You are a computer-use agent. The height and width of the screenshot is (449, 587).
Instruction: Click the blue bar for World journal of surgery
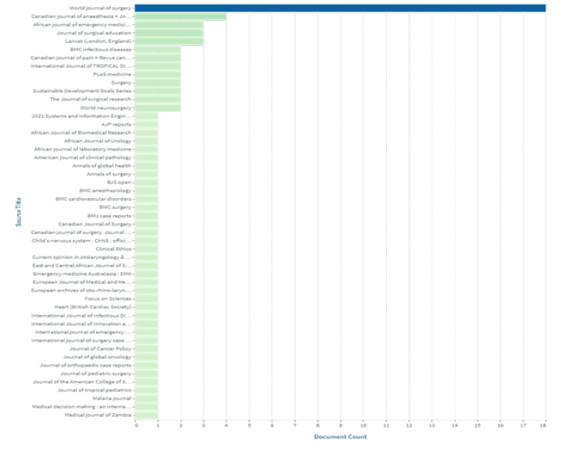click(340, 8)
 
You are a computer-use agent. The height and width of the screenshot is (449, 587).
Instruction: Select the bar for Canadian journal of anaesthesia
click(181, 16)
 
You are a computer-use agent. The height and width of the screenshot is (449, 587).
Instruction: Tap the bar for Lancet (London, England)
click(169, 41)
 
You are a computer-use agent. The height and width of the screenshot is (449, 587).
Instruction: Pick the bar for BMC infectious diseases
click(158, 49)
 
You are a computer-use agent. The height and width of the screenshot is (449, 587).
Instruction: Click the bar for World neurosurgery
click(158, 108)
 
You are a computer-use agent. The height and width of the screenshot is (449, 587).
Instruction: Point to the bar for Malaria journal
click(146, 398)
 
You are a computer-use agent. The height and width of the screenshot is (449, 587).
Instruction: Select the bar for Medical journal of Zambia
click(146, 415)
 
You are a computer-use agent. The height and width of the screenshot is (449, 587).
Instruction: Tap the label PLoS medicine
click(111, 74)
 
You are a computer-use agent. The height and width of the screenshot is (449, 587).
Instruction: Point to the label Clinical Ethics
click(114, 249)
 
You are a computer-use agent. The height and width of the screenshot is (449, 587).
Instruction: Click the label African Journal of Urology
click(103, 140)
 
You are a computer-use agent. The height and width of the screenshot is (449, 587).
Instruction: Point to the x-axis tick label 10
click(364, 425)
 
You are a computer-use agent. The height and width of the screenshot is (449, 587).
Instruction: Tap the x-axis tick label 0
click(136, 425)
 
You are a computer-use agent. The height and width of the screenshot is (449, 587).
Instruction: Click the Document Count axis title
click(340, 437)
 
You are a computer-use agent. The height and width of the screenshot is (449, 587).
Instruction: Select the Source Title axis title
click(17, 211)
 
